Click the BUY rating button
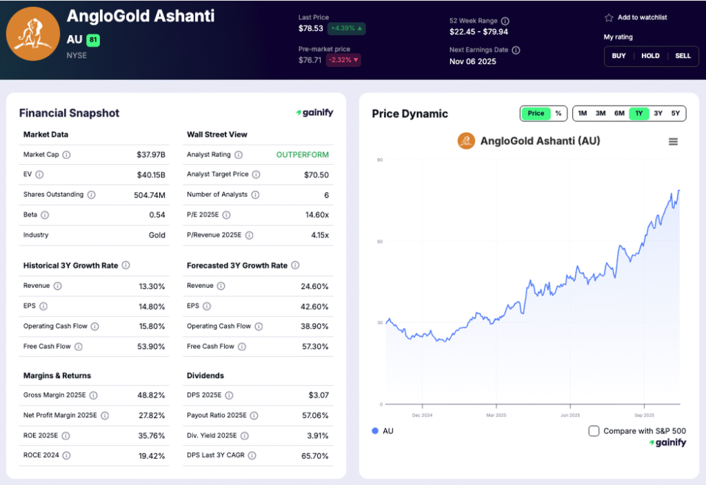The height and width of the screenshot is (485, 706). coord(619,56)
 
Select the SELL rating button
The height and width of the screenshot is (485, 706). coord(683,56)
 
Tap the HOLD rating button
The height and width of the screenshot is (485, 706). coord(650,56)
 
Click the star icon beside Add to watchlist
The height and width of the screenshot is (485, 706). coord(609,17)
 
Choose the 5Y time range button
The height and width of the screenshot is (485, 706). coord(676,113)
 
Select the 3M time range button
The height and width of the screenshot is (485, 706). coord(601,113)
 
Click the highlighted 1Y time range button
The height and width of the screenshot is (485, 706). coord(638,113)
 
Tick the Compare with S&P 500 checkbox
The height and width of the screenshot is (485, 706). coord(594,431)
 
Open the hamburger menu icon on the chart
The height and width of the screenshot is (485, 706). coord(673,141)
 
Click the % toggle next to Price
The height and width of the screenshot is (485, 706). coord(558,113)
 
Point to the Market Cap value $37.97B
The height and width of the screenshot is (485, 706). coord(151,155)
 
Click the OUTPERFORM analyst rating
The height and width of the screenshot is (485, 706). coord(303,155)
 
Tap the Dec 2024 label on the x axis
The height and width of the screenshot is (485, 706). coord(422,415)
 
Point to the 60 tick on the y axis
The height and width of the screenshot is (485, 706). coord(380,241)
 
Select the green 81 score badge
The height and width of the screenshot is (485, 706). coord(93,40)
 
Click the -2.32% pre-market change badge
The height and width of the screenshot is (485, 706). coord(344,60)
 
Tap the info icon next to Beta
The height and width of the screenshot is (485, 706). coord(45,215)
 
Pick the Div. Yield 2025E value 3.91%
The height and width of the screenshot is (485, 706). coord(316,435)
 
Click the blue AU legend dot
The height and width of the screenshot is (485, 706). coord(375,431)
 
